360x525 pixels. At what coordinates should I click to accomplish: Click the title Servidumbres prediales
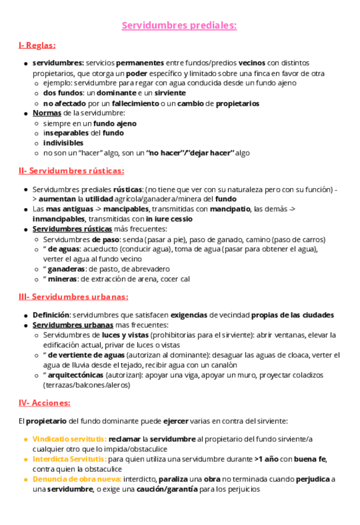point(179,25)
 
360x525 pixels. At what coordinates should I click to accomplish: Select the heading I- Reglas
point(37,45)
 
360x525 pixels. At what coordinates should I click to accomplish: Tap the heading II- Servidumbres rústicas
point(72,170)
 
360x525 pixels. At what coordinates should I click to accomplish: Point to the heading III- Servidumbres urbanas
point(74,297)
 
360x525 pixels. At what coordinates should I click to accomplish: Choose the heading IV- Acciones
point(45,403)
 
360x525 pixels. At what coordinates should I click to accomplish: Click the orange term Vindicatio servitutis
point(69,439)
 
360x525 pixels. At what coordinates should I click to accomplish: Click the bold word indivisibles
point(63,143)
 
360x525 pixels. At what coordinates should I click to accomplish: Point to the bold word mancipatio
point(230,209)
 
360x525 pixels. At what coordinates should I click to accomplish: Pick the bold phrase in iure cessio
point(169,219)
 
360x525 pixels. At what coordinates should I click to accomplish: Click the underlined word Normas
point(47,113)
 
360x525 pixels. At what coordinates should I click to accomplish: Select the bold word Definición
point(51,315)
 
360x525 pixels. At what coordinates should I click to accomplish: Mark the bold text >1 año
point(266,459)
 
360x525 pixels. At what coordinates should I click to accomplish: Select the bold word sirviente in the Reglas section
point(171,93)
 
